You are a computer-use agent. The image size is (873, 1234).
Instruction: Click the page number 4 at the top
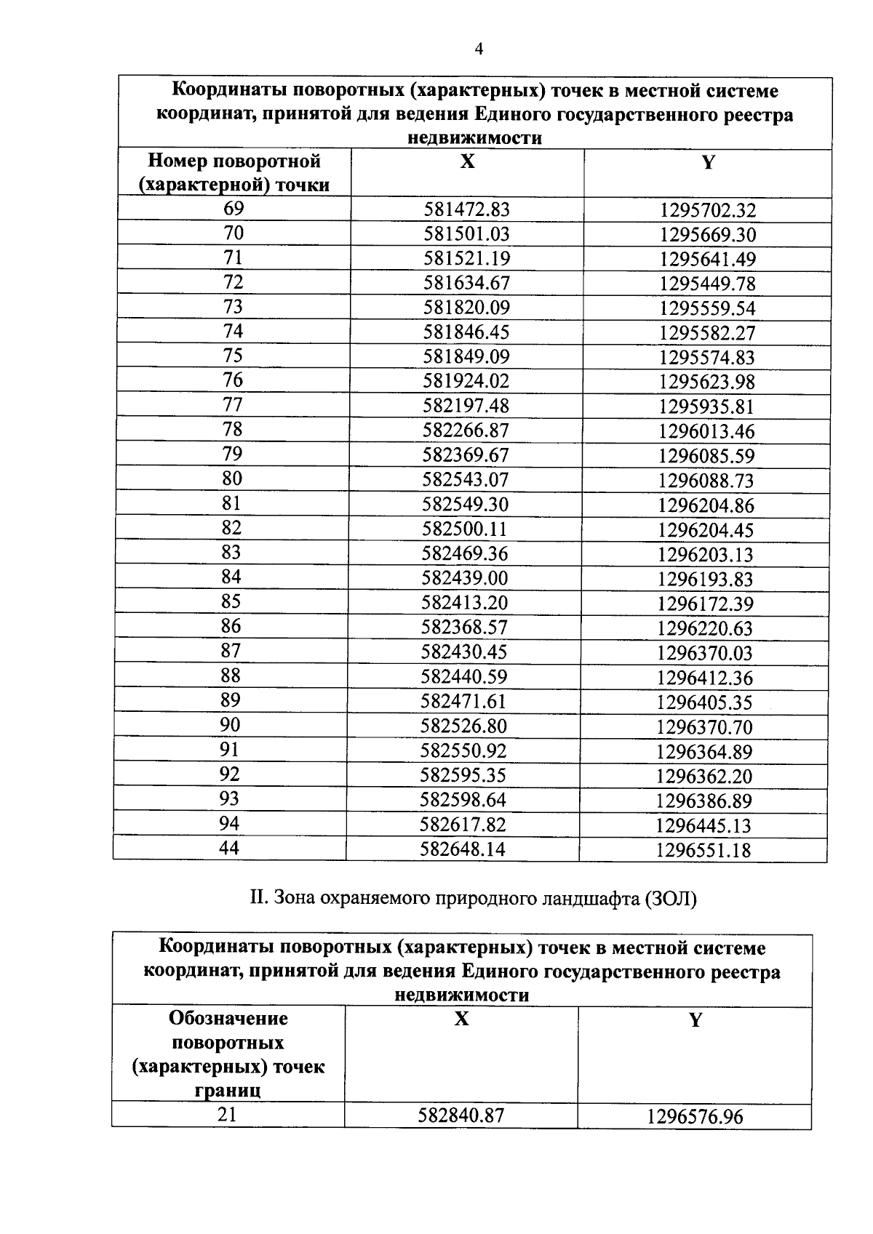[x=478, y=49]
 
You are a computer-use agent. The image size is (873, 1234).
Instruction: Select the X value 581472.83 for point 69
[x=467, y=210]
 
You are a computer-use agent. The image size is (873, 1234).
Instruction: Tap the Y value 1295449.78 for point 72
[x=707, y=284]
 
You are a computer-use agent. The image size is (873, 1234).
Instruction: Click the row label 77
[x=233, y=405]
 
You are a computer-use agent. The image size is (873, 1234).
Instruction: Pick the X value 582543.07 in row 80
[x=466, y=480]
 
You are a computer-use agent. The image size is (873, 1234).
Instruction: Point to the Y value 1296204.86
[x=706, y=505]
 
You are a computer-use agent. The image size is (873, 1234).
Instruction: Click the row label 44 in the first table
[x=229, y=848]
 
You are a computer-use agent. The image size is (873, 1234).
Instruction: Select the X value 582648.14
[x=463, y=849]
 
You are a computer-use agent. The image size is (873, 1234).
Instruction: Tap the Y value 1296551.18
[x=703, y=849]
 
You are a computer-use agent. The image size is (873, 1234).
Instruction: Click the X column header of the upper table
[x=467, y=161]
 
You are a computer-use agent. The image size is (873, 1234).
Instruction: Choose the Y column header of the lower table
[x=695, y=1020]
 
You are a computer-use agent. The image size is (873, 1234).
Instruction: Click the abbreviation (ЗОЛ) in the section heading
[x=670, y=899]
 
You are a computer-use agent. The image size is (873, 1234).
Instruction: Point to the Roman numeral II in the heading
[x=259, y=898]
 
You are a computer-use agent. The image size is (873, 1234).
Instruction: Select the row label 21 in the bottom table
[x=227, y=1114]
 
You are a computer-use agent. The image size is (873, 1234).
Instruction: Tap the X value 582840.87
[x=461, y=1115]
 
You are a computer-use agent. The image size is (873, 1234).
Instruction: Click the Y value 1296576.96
[x=695, y=1116]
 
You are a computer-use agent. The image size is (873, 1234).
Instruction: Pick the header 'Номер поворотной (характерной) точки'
[x=234, y=173]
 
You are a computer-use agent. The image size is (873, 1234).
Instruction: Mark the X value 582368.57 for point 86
[x=465, y=628]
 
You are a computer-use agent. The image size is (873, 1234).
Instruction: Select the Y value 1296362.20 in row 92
[x=704, y=776]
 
